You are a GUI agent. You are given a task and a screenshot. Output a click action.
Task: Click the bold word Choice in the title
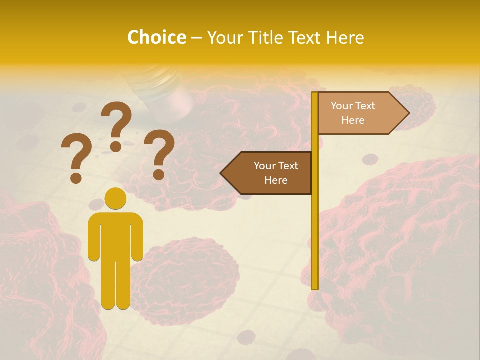click(156, 37)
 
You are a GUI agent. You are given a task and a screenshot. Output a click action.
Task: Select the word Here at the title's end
click(345, 37)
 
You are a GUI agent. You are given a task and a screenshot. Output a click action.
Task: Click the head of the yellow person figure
click(115, 198)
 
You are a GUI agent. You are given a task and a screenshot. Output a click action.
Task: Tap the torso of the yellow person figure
click(115, 235)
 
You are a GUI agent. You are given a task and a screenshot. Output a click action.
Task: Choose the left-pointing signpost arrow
click(268, 173)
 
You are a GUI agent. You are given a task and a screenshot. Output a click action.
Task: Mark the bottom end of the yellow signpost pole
click(315, 287)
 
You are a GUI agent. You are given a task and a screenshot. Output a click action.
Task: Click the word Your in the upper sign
click(342, 106)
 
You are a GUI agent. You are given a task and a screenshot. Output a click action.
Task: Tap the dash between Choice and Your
click(196, 38)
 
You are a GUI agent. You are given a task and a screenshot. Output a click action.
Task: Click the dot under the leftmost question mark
click(76, 178)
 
